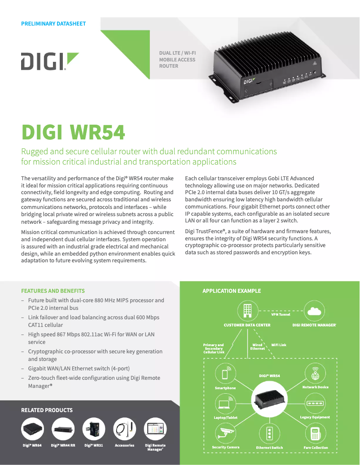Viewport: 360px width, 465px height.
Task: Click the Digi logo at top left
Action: (49, 61)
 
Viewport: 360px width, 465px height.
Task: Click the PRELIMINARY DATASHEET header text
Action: (53, 23)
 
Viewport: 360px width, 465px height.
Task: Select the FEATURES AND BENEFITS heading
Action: (53, 291)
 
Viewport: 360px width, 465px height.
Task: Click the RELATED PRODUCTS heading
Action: (47, 410)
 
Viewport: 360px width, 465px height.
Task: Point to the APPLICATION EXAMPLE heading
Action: (232, 291)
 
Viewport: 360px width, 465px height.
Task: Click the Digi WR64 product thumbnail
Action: (32, 429)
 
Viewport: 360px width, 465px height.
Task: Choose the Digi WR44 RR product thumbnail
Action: (63, 429)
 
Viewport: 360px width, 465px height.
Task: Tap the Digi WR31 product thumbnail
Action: (94, 429)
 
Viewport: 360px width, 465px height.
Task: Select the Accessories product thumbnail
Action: (124, 429)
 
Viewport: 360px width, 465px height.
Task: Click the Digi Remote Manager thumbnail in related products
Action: (155, 429)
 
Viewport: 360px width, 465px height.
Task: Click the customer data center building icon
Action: (247, 311)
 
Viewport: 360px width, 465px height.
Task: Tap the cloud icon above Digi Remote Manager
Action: (314, 311)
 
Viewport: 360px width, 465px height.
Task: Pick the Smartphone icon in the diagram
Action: (225, 374)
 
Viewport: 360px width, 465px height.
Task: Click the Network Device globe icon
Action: (315, 374)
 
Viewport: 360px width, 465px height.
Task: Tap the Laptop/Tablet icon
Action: (225, 404)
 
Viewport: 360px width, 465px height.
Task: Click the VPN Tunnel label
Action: (281, 314)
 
